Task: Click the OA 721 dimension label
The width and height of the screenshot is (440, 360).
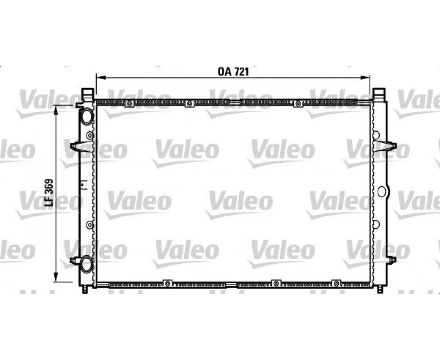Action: [x=233, y=72]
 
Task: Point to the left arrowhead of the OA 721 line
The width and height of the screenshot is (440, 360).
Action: [x=100, y=78]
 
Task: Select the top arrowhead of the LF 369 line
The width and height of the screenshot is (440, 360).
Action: [x=56, y=110]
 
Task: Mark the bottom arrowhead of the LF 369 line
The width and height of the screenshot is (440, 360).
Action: [x=56, y=276]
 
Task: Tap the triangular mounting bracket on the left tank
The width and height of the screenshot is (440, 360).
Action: [x=81, y=146]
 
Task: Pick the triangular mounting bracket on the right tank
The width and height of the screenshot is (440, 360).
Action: [x=385, y=146]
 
